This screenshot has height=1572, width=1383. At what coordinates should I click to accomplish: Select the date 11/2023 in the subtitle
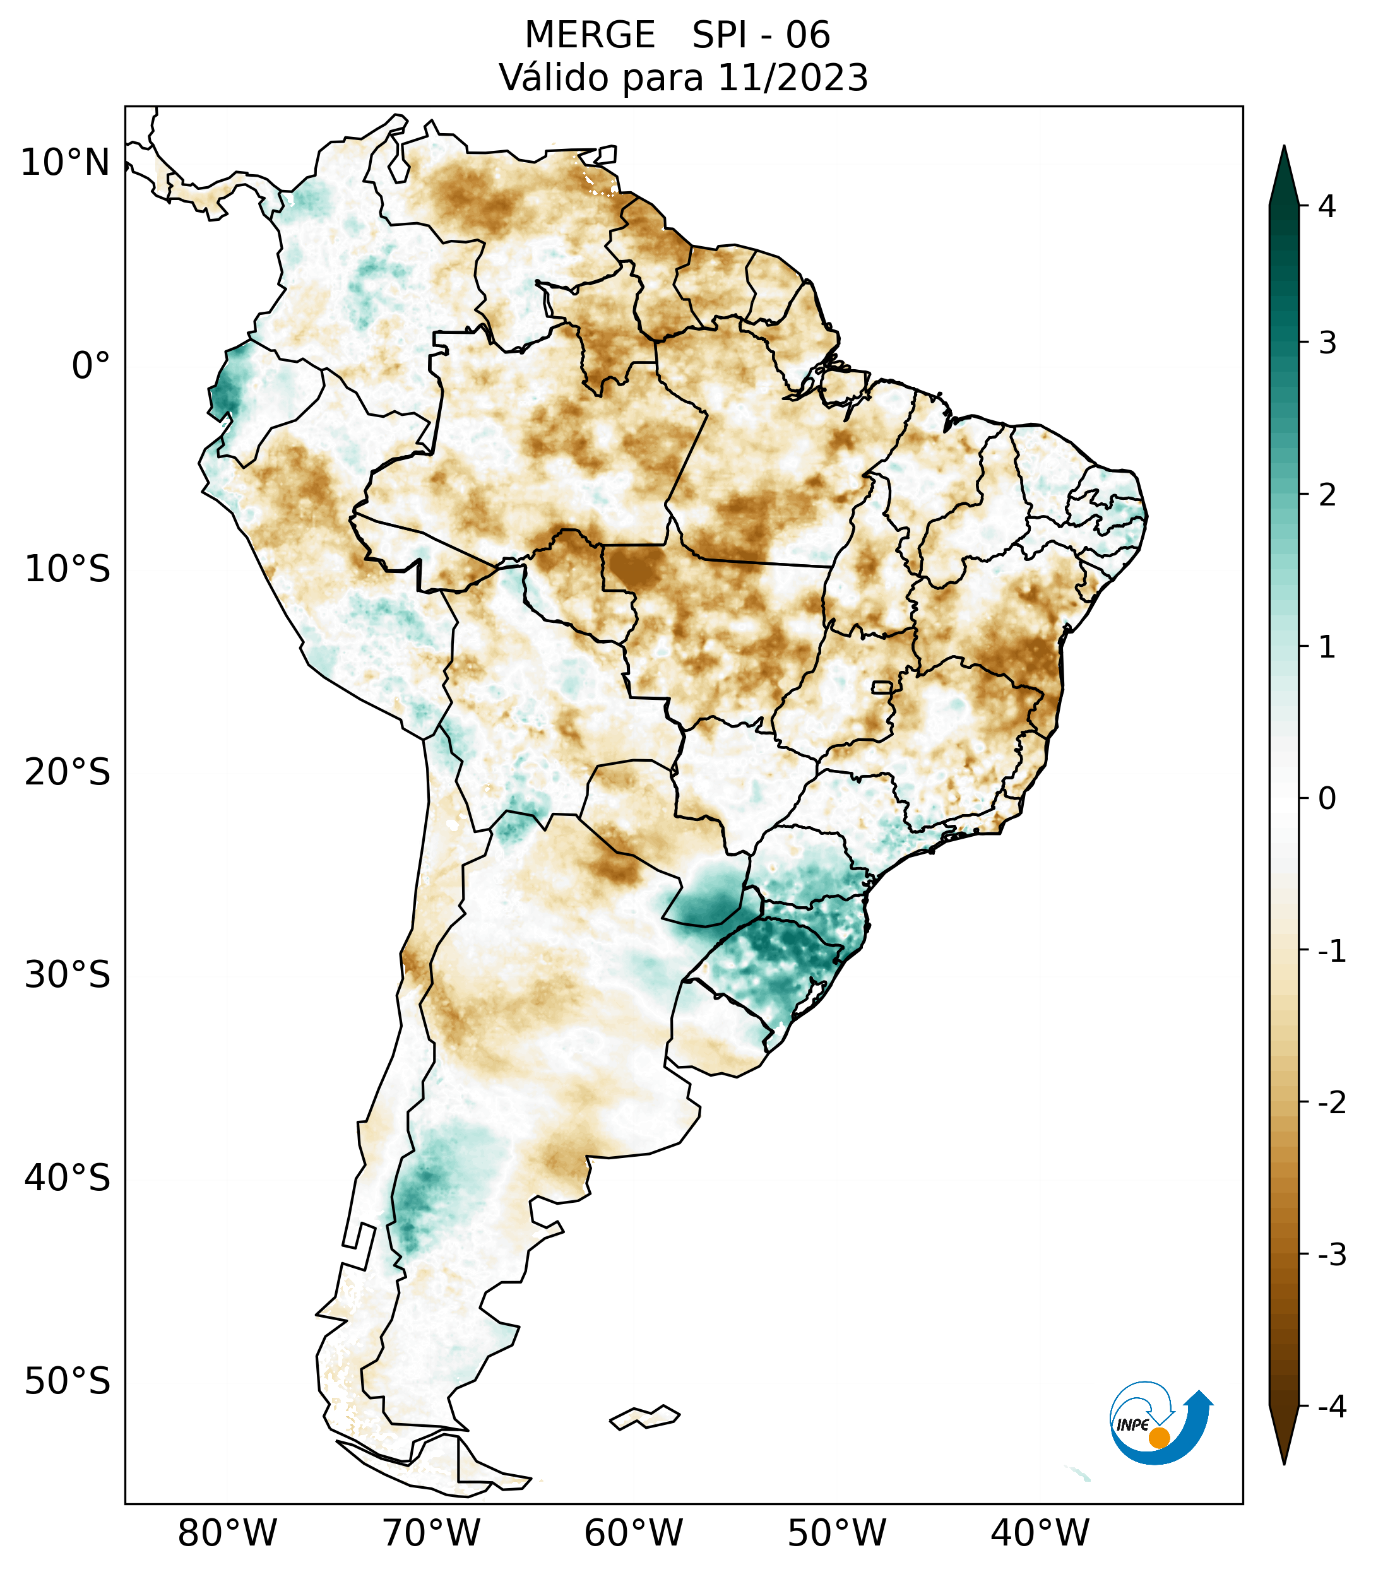click(x=792, y=78)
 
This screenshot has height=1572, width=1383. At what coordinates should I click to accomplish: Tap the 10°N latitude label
click(x=66, y=163)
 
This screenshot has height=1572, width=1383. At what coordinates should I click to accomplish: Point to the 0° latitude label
click(x=91, y=366)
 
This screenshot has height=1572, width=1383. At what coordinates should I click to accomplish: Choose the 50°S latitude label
click(x=68, y=1381)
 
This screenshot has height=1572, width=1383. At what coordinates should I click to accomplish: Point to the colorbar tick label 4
click(x=1327, y=206)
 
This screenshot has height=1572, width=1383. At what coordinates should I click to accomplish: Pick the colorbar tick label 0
click(x=1327, y=799)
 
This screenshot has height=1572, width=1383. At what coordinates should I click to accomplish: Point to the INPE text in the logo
click(x=1132, y=1425)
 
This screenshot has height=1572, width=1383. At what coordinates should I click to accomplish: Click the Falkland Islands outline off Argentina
click(x=644, y=1417)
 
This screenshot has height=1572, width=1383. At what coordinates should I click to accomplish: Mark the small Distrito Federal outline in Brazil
click(x=881, y=687)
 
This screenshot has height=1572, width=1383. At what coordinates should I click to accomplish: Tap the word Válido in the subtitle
click(x=554, y=78)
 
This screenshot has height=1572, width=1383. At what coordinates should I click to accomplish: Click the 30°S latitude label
click(x=68, y=975)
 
